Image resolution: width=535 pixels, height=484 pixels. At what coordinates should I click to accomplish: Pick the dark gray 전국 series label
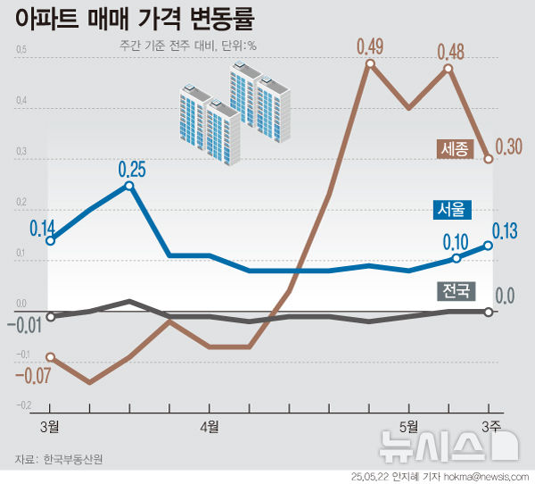click(x=455, y=290)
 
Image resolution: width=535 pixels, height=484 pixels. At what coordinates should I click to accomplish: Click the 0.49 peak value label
click(x=369, y=46)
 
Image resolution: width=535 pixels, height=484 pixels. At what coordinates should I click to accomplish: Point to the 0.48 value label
click(x=449, y=51)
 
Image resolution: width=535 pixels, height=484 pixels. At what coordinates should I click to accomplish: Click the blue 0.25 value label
click(x=131, y=168)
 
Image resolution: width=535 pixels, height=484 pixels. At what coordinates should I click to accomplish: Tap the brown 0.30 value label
click(x=507, y=148)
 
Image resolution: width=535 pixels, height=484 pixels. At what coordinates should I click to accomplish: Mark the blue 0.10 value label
click(x=456, y=242)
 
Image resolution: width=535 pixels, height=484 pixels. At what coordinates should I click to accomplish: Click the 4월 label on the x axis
click(x=210, y=426)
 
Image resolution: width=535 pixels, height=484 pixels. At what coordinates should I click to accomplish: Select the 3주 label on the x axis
click(x=491, y=426)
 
